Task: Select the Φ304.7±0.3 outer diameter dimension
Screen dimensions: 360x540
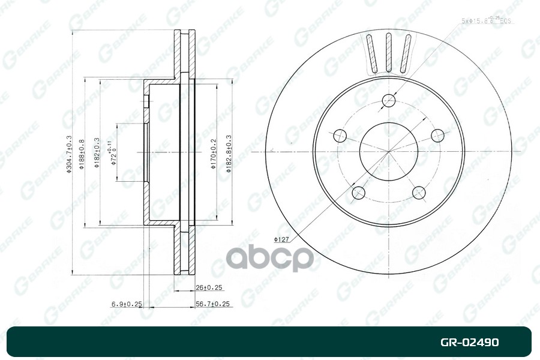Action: (x=70, y=154)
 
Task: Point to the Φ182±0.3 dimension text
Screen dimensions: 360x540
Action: (x=97, y=154)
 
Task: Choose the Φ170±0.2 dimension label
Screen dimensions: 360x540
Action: (x=213, y=154)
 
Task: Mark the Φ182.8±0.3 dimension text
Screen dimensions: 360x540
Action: (x=229, y=154)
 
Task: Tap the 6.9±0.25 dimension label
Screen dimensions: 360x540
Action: (x=126, y=304)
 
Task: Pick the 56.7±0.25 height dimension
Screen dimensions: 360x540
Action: (x=214, y=304)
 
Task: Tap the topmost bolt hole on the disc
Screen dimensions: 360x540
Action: (x=389, y=100)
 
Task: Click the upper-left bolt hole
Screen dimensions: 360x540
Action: (x=340, y=136)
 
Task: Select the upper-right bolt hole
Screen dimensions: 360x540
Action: (x=437, y=136)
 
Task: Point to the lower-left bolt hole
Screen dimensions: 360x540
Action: (x=359, y=193)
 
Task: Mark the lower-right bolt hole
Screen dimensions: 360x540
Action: (x=419, y=193)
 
